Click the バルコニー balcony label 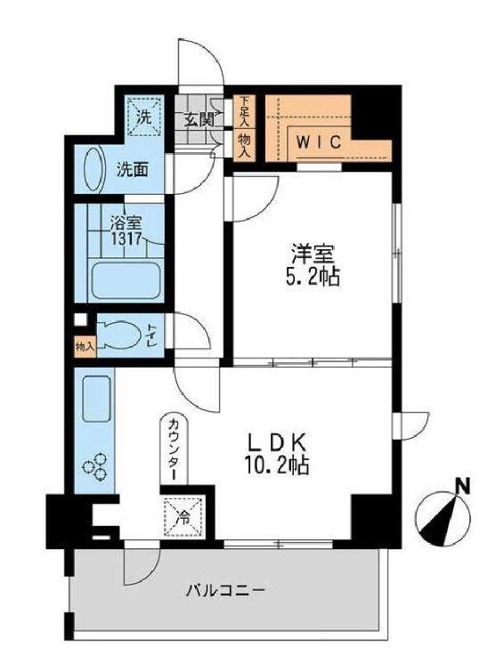[x=224, y=589]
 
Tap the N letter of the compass [x=461, y=486]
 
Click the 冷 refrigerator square [x=182, y=514]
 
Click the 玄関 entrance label [x=199, y=118]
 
